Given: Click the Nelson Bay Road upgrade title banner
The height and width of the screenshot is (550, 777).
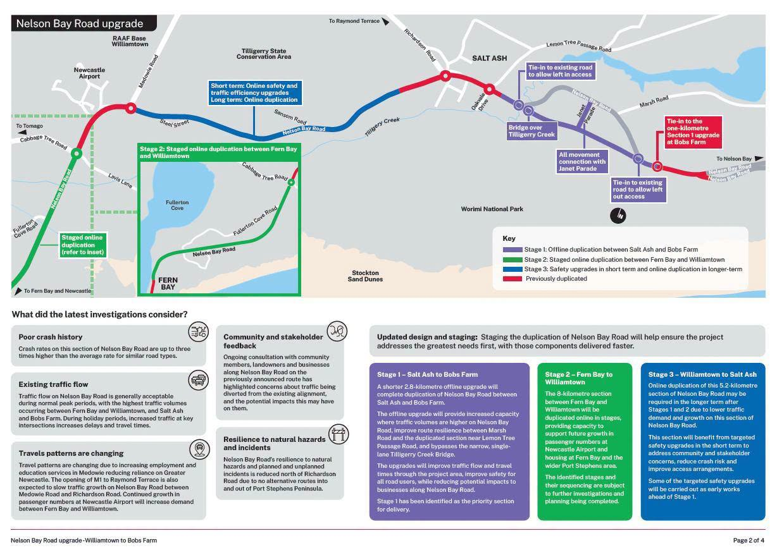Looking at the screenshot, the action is point(84,23).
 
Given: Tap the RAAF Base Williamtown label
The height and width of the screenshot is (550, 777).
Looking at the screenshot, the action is point(130,41).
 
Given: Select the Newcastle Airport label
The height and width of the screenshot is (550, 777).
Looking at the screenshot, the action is point(89,73).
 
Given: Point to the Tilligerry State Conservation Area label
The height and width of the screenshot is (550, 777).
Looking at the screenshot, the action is point(264,54).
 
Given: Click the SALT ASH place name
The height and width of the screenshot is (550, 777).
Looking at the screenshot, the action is point(490,58).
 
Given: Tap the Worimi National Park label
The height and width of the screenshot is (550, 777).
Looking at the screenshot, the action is point(492,209).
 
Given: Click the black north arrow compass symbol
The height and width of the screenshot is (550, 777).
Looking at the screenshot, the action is point(618,216).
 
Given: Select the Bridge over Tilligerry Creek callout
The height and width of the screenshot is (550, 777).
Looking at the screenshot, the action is point(531,131).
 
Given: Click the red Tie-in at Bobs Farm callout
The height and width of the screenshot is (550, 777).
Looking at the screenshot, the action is point(693,131).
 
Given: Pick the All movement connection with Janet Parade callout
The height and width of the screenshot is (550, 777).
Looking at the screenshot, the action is point(581,161).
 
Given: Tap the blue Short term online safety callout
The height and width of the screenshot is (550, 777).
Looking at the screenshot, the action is point(254,93).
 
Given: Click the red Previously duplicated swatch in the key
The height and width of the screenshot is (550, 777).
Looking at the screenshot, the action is point(513,279).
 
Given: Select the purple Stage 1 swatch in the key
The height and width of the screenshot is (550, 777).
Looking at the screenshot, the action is point(513,250).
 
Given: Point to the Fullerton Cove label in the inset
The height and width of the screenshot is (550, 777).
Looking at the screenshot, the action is point(177,205).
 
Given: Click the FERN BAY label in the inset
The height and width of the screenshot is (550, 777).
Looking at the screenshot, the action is point(168,283).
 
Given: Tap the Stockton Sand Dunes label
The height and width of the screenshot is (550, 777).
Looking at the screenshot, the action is point(365,276).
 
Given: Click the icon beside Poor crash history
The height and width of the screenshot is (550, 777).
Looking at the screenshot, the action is point(198,332).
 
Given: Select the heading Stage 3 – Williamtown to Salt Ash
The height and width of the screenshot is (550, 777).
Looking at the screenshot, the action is point(702,374).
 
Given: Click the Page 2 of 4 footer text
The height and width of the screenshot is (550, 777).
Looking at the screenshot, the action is point(749,541).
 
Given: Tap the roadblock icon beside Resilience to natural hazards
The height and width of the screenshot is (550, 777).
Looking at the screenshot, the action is point(339,434).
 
